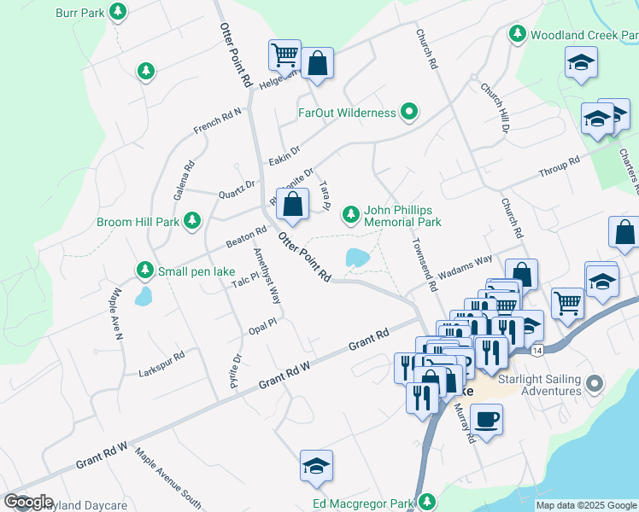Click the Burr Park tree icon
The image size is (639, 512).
(119, 13)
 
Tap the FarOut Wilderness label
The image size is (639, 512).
(347, 113)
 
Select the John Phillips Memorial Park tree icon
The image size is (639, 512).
(350, 215)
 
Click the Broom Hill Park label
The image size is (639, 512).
(138, 222)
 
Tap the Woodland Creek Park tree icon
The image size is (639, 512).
(517, 34)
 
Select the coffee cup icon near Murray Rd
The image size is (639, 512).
(486, 419)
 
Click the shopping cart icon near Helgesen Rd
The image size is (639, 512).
(284, 55)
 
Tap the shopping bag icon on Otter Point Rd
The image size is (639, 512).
(292, 203)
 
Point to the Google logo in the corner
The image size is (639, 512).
(28, 502)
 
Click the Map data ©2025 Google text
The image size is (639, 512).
(586, 505)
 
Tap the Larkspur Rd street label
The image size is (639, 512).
(161, 364)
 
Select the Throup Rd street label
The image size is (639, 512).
(560, 168)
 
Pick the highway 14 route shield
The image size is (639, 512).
(536, 350)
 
